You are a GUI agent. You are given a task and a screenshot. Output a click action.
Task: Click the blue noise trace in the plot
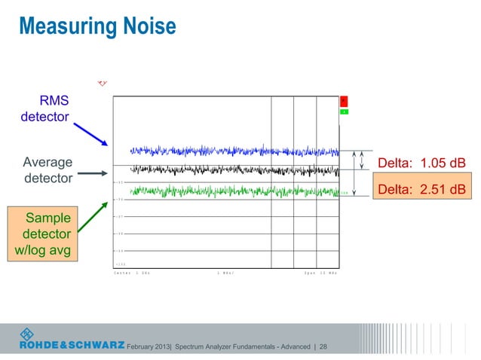[226, 151]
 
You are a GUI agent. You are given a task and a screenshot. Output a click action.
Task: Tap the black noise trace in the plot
[226, 170]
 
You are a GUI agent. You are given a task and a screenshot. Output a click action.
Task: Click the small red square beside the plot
[343, 100]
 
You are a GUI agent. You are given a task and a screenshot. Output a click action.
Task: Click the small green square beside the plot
[343, 111]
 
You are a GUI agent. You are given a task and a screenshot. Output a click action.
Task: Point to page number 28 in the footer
[323, 346]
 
